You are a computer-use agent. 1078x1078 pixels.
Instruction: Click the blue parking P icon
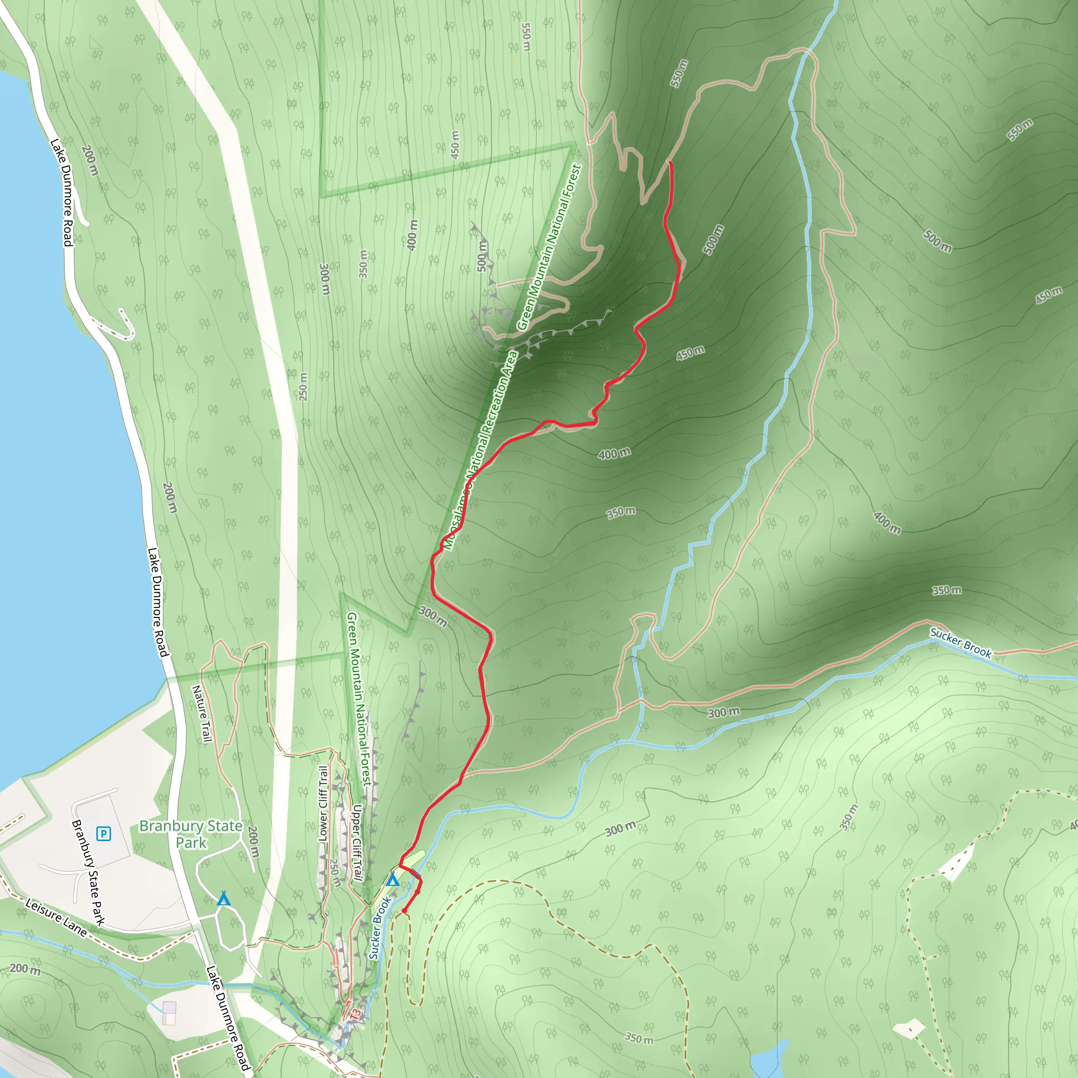pos(104,834)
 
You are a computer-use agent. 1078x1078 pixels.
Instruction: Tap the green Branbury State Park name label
pos(191,834)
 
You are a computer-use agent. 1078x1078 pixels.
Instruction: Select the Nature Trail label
pos(202,714)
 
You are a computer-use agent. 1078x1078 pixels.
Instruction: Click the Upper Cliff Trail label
pos(357,843)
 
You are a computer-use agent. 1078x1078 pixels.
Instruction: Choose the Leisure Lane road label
pos(56,917)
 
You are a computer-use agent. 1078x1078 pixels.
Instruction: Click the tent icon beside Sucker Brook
pos(393,880)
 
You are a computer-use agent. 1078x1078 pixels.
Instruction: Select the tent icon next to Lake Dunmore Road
pos(224,899)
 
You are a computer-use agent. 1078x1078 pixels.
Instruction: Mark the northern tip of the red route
pos(670,162)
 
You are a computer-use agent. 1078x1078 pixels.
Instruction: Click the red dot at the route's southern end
pos(404,911)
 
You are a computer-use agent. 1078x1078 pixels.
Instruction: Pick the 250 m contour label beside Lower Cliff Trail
pos(335,873)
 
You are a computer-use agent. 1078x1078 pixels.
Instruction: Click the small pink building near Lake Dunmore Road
pos(169,1013)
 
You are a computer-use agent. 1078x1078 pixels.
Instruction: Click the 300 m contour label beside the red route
pos(433,616)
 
